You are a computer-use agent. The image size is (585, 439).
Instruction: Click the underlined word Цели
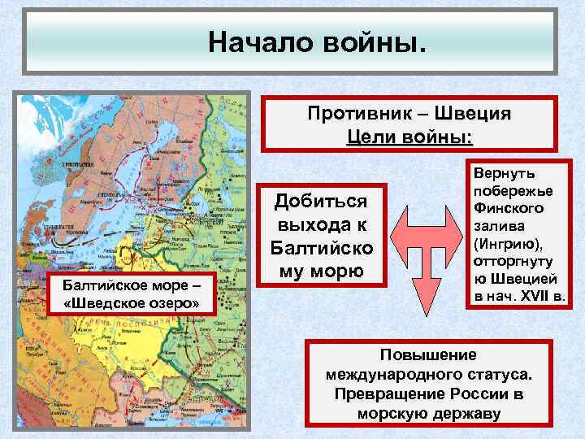(x=370, y=135)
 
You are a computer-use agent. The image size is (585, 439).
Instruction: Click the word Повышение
(x=429, y=355)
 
